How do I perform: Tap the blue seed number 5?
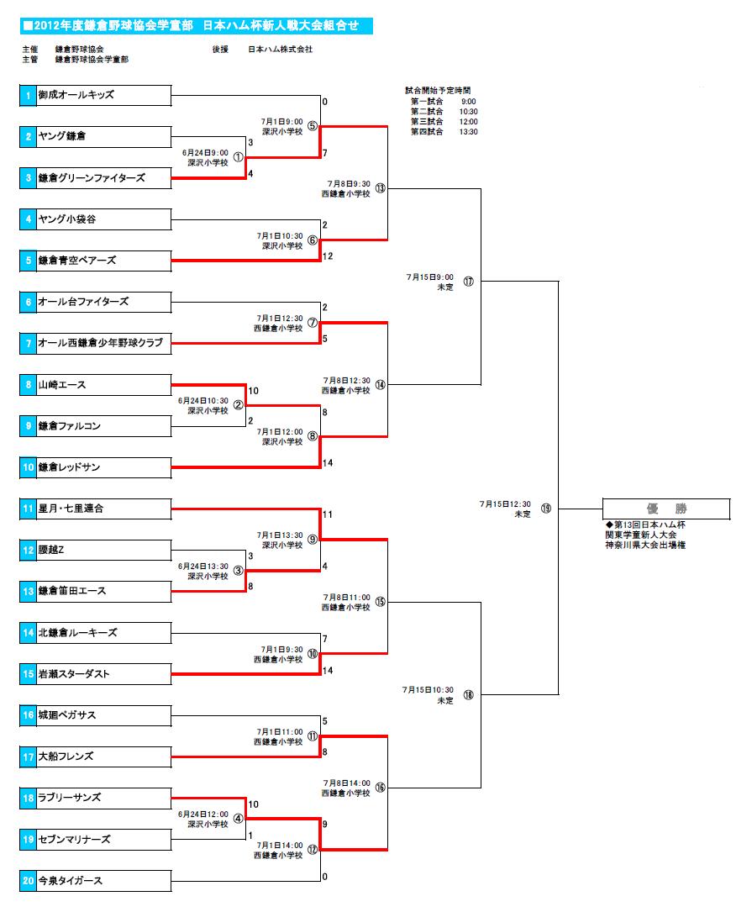(x=28, y=261)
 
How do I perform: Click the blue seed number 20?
(x=28, y=880)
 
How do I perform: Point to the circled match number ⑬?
(x=380, y=187)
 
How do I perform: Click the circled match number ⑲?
(x=545, y=509)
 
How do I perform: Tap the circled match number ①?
(x=238, y=157)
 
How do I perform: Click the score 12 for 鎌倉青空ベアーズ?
(x=328, y=256)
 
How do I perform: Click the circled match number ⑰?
(x=468, y=282)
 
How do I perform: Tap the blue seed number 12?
(x=28, y=550)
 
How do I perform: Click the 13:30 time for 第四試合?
(x=468, y=131)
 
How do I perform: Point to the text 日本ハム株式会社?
(x=281, y=49)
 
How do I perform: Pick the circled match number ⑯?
(x=380, y=788)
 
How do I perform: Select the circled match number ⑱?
(x=468, y=695)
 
